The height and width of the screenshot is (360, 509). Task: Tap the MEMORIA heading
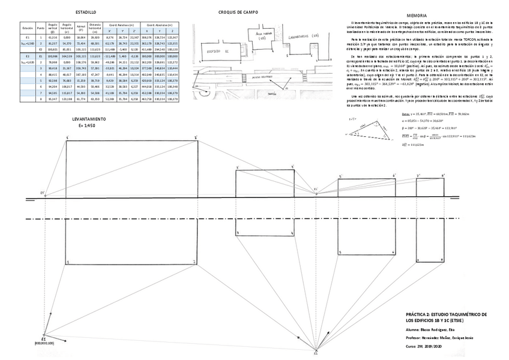tap(417, 15)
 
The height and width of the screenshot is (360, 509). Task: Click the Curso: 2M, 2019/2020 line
tap(427, 346)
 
